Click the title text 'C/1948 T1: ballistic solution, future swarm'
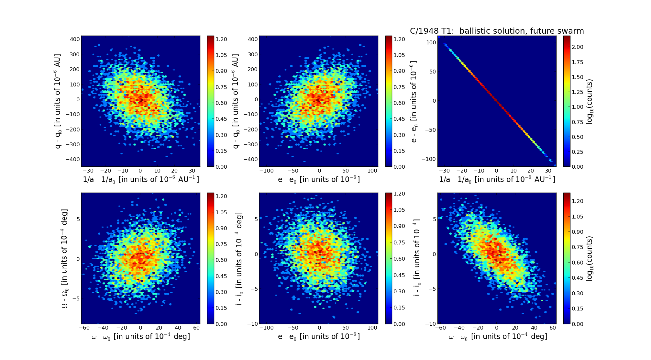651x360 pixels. [497, 31]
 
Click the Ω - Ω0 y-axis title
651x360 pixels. [65, 259]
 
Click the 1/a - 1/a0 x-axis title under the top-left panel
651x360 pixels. [141, 179]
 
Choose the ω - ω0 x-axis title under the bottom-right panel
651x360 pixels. [498, 337]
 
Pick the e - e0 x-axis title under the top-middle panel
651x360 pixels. [319, 179]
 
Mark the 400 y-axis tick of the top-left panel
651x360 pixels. [75, 39]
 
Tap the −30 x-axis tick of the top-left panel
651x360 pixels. [88, 171]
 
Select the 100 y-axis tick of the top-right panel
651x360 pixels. [431, 42]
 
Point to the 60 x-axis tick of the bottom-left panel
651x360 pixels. [196, 328]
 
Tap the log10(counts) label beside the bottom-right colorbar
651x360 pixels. [590, 258]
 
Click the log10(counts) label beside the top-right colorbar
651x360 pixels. [590, 101]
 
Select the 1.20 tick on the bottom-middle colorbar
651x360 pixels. [399, 194]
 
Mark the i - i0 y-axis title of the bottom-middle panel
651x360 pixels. [239, 259]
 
